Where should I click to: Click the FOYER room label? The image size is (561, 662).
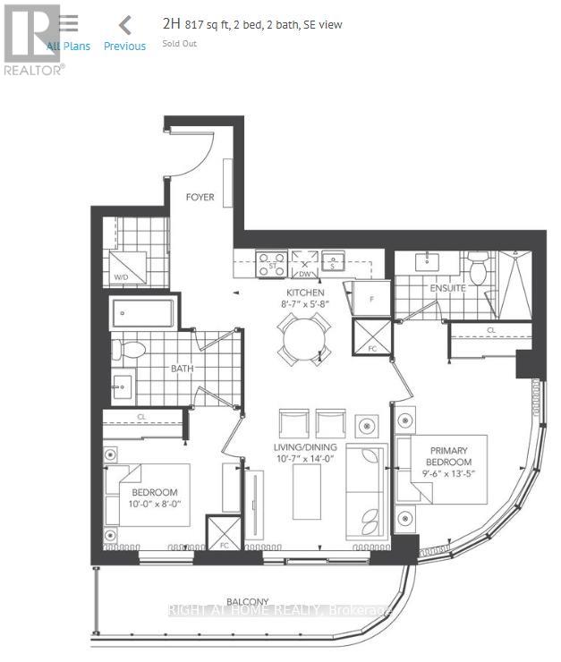pyautogui.click(x=200, y=197)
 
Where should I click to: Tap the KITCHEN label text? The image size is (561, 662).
pyautogui.click(x=305, y=293)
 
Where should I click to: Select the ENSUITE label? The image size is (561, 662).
pyautogui.click(x=447, y=289)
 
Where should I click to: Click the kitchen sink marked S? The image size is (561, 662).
pyautogui.click(x=333, y=262)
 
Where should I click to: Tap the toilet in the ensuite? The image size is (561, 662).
pyautogui.click(x=479, y=267)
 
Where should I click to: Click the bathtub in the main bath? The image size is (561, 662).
pyautogui.click(x=142, y=315)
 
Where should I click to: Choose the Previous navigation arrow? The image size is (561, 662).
pyautogui.click(x=125, y=26)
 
